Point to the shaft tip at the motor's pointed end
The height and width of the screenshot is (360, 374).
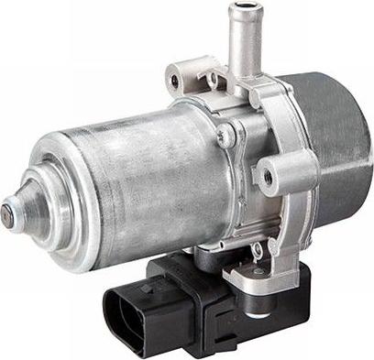(7, 215)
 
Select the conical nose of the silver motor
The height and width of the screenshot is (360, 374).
(23, 207)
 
